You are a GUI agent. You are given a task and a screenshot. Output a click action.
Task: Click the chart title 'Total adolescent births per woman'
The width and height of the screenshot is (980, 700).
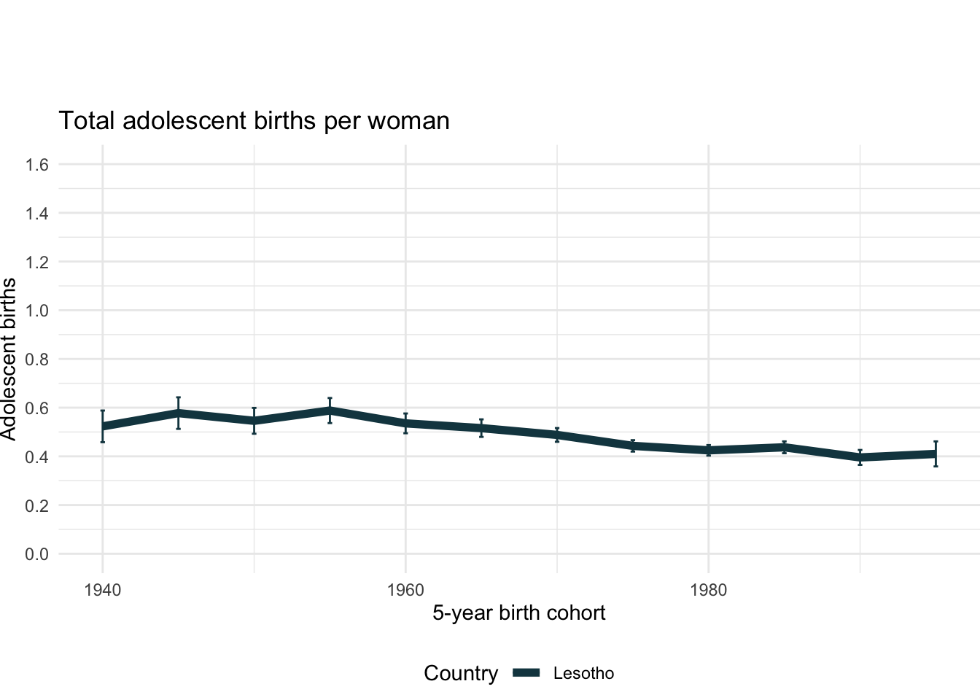pyautogui.click(x=254, y=120)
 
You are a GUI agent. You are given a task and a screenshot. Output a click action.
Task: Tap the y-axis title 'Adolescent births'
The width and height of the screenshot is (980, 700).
pyautogui.click(x=9, y=359)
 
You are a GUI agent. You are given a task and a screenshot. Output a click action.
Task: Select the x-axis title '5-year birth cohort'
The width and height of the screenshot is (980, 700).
pyautogui.click(x=518, y=612)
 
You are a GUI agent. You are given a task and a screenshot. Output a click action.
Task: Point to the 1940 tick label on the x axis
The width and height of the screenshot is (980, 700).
pyautogui.click(x=102, y=590)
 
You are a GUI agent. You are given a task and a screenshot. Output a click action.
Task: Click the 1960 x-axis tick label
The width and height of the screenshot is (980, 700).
pyautogui.click(x=405, y=590)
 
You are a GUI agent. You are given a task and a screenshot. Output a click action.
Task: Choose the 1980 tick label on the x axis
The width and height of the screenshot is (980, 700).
pyautogui.click(x=708, y=590)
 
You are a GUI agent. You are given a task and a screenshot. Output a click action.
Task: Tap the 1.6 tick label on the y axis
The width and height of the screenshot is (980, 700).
pyautogui.click(x=36, y=165)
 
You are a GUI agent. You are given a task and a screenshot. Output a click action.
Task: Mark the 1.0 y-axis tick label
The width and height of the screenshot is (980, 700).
pyautogui.click(x=36, y=311)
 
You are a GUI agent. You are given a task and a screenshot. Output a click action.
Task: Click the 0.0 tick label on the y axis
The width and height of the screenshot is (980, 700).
pyautogui.click(x=36, y=554)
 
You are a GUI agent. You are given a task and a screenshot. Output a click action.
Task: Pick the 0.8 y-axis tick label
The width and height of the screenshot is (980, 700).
pyautogui.click(x=36, y=359)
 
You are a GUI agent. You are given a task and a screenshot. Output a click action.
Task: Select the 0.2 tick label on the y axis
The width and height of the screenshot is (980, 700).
pyautogui.click(x=36, y=505)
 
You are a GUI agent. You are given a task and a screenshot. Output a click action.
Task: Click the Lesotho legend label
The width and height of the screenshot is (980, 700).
pyautogui.click(x=583, y=674)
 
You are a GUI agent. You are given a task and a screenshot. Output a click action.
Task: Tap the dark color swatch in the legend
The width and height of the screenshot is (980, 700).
pyautogui.click(x=526, y=674)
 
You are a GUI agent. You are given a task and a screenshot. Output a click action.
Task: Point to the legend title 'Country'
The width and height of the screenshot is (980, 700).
pyautogui.click(x=461, y=674)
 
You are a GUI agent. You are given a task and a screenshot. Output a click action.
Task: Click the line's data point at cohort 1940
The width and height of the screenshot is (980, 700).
pyautogui.click(x=103, y=426)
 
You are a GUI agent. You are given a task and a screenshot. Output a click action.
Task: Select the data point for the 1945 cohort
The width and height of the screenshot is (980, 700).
pyautogui.click(x=178, y=413)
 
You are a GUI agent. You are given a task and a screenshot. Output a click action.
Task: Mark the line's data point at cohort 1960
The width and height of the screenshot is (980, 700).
pyautogui.click(x=405, y=423)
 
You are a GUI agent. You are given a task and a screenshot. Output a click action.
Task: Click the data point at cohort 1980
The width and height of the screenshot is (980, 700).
pyautogui.click(x=708, y=451)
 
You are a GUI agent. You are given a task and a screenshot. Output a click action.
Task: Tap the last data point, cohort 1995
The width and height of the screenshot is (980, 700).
pyautogui.click(x=936, y=454)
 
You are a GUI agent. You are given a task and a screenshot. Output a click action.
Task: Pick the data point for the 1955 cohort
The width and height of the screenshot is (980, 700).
pyautogui.click(x=330, y=411)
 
